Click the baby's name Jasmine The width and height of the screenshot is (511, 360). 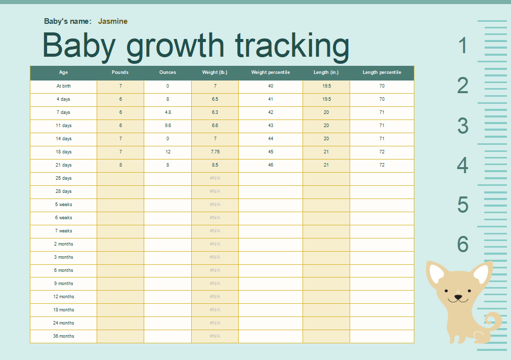[x=112, y=21]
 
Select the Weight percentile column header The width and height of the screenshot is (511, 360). [x=271, y=72]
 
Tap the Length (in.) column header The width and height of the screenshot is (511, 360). [x=326, y=72]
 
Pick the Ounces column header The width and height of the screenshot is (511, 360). [x=167, y=72]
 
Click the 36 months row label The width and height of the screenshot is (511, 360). [x=64, y=336]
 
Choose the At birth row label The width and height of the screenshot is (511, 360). [x=64, y=86]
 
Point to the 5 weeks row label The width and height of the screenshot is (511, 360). [x=64, y=205]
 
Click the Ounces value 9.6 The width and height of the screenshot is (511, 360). [x=167, y=126]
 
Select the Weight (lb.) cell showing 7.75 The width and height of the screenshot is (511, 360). [x=215, y=152]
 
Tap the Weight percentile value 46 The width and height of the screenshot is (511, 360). [x=271, y=165]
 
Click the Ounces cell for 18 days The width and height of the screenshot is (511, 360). [x=167, y=152]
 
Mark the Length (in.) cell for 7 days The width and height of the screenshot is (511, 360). [x=326, y=112]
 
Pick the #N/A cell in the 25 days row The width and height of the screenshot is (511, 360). [x=215, y=178]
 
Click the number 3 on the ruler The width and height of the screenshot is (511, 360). [x=463, y=126]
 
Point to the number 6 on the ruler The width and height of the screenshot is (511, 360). [x=463, y=245]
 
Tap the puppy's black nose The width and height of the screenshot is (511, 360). [x=458, y=297]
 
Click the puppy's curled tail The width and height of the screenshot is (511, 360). [x=492, y=321]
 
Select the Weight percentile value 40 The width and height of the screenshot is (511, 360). [x=271, y=86]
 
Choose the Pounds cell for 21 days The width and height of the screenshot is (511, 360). [x=120, y=165]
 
